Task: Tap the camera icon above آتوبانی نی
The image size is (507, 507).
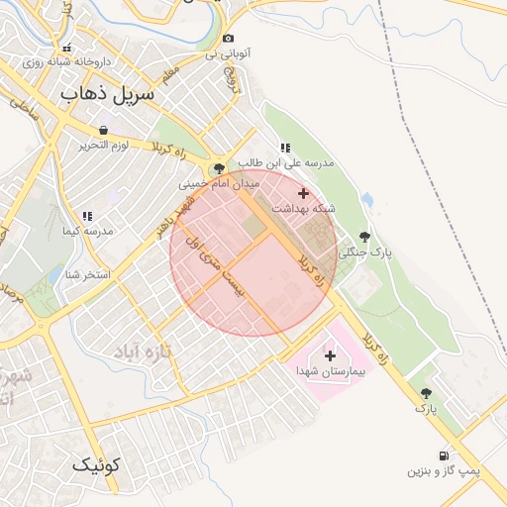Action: point(229,38)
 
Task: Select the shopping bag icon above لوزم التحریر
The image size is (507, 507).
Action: point(104,130)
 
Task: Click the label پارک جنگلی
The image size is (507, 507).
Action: point(365,253)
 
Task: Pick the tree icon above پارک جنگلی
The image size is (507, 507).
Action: point(364,237)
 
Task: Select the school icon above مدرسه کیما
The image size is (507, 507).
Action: point(87,215)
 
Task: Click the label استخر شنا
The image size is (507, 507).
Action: point(86,273)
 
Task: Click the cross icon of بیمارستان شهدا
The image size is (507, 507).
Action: point(330,355)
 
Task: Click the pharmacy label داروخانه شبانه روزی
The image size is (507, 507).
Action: point(66,60)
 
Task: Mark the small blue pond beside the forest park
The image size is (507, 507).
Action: point(367,200)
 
